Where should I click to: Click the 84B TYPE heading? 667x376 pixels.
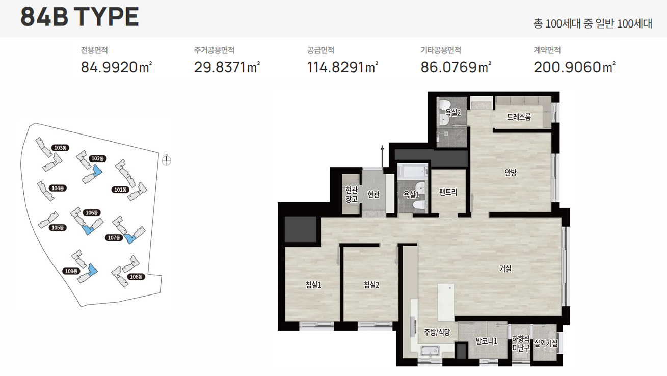coord(79,17)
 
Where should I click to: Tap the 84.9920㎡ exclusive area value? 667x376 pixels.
coord(116,67)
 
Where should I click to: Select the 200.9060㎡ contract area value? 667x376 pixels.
coord(574,67)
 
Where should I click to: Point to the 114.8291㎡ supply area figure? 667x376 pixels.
coord(342,67)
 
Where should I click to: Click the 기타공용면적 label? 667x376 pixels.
coord(440,50)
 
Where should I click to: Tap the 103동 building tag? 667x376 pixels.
coord(60,148)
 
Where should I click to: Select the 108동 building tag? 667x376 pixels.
coord(136,277)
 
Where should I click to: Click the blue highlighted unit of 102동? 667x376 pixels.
coord(97,171)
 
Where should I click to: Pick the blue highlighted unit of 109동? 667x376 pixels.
coord(93,269)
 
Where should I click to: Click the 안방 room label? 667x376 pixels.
coord(511,172)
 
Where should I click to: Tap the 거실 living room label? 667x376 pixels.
coord(505,268)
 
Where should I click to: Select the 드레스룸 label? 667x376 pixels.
coord(519,117)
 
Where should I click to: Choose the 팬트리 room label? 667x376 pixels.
coord(448,192)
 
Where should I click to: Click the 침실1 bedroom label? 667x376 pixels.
coord(313,285)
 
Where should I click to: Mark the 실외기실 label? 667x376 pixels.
coord(546,343)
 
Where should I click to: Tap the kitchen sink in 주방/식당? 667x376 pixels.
coord(430,351)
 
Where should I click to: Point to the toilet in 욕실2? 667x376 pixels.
coord(444,105)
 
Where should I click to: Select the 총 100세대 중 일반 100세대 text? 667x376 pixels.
coord(593,23)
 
